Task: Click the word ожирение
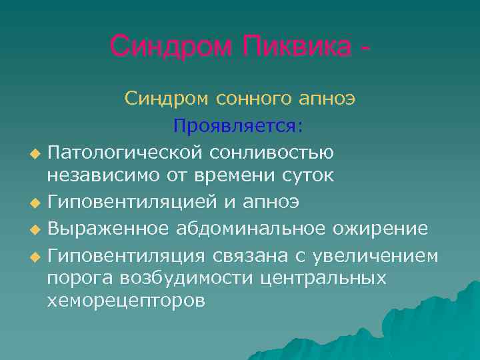click(x=383, y=227)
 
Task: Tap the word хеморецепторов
click(x=125, y=301)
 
